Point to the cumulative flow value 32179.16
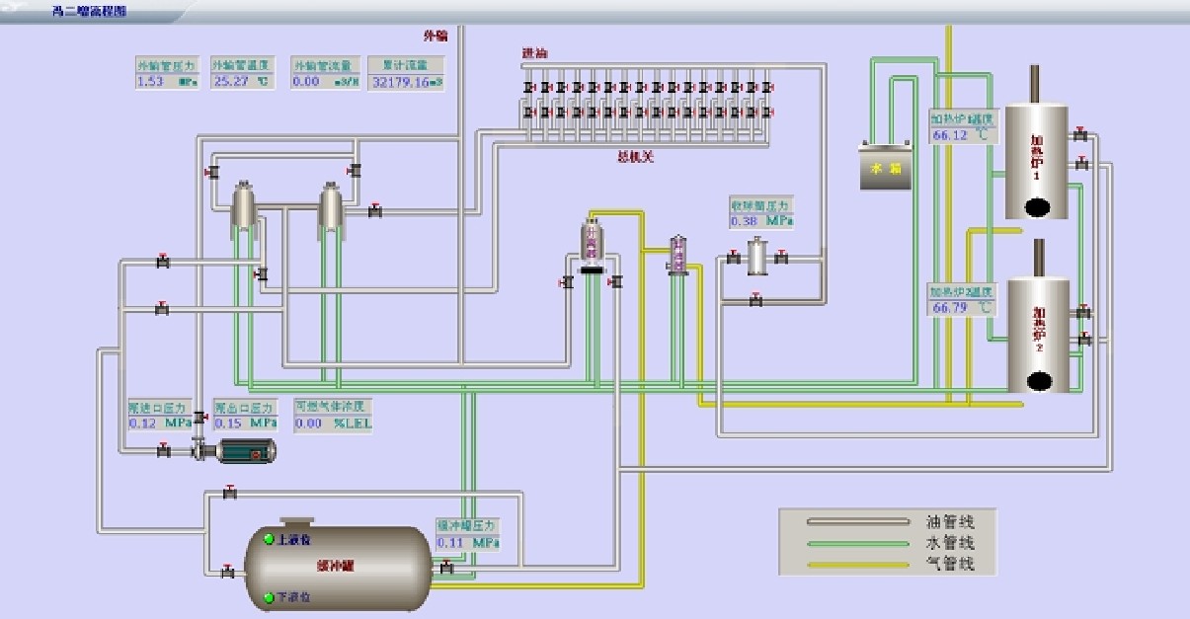click(406, 82)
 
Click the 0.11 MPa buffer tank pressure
click(467, 542)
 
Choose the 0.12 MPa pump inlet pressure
click(159, 423)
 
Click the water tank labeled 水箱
click(885, 168)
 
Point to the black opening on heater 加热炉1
click(1036, 206)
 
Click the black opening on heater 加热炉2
click(1038, 380)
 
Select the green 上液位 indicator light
click(269, 540)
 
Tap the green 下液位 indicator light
click(269, 597)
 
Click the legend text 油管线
click(950, 521)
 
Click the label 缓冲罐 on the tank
click(336, 567)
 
